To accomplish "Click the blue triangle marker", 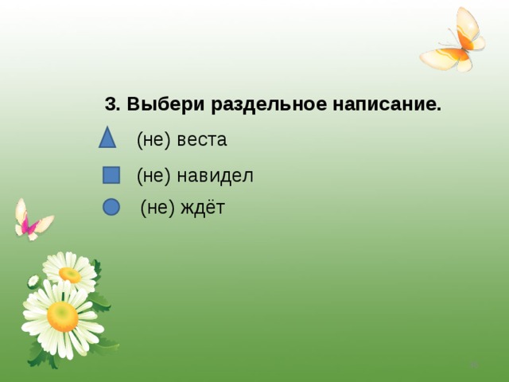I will (107, 138).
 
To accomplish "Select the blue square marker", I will (111, 175).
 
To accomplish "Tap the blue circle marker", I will (111, 207).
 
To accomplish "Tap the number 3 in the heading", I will (111, 105).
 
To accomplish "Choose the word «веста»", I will (202, 140).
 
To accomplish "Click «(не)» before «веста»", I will (154, 140).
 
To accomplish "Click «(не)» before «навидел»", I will (154, 175).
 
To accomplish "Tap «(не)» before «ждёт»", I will (157, 209).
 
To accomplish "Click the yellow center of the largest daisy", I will (62, 316).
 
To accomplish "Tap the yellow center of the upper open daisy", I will (70, 275).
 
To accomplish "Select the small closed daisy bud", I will (33, 281).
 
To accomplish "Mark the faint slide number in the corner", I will (473, 364).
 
